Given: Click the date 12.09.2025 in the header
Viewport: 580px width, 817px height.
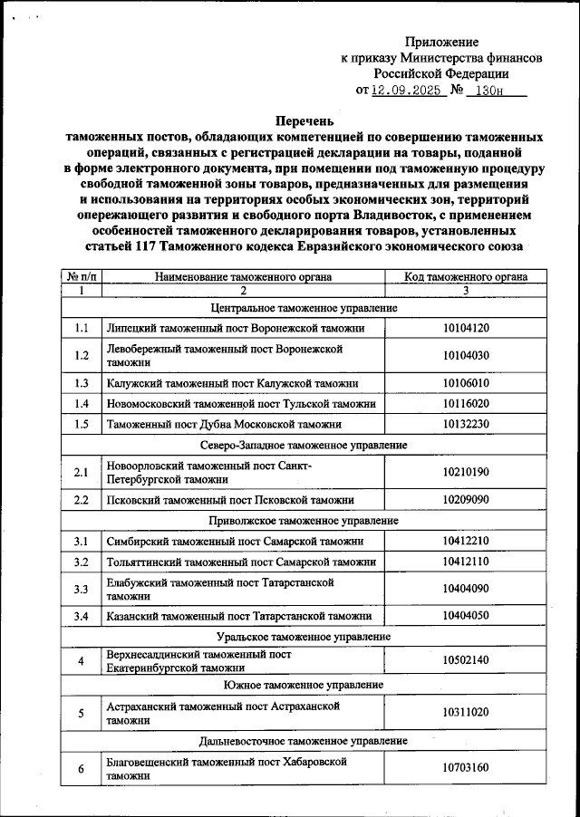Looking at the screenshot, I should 406,91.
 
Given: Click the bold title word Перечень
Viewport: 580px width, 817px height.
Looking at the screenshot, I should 304,120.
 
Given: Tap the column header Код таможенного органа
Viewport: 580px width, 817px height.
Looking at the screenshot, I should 466,276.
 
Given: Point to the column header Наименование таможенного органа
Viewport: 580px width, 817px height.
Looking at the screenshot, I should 243,276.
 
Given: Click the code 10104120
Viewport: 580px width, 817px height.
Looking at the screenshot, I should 466,327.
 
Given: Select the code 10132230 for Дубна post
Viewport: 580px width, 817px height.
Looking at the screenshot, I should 466,423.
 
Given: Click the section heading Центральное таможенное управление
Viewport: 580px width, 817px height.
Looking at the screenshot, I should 304,308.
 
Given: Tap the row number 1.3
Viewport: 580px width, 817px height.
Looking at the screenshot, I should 82,383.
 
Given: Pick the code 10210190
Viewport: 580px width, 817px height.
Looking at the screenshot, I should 466,472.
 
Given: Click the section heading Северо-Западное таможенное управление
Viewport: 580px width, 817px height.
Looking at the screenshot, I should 304,445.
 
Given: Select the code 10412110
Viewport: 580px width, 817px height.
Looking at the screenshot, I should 466,562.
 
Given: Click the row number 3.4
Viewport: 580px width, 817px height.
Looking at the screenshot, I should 82,615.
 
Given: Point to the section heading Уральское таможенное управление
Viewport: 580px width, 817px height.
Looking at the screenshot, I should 304,637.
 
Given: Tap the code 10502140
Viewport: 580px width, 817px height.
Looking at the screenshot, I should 466,661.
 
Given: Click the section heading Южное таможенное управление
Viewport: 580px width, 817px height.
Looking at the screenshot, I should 304,684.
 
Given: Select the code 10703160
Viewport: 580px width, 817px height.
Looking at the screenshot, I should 466,768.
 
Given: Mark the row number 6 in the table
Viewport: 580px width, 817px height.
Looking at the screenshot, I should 82,768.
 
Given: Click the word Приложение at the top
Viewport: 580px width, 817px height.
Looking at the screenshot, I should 441,42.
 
